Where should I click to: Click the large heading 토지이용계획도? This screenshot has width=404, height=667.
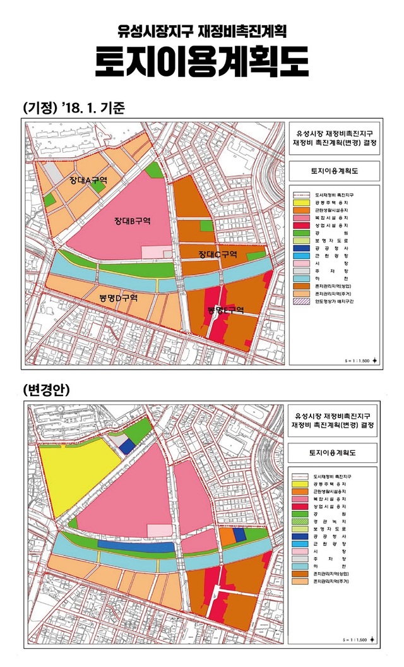[x=201, y=63]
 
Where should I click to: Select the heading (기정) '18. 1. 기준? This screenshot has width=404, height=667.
[x=74, y=107]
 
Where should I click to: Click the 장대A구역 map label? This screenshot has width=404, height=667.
[x=88, y=181]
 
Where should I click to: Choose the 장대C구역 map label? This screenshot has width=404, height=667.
[x=217, y=255]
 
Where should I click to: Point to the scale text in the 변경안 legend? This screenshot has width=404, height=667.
[x=358, y=638]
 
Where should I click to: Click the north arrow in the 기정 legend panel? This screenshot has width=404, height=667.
[x=376, y=359]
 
